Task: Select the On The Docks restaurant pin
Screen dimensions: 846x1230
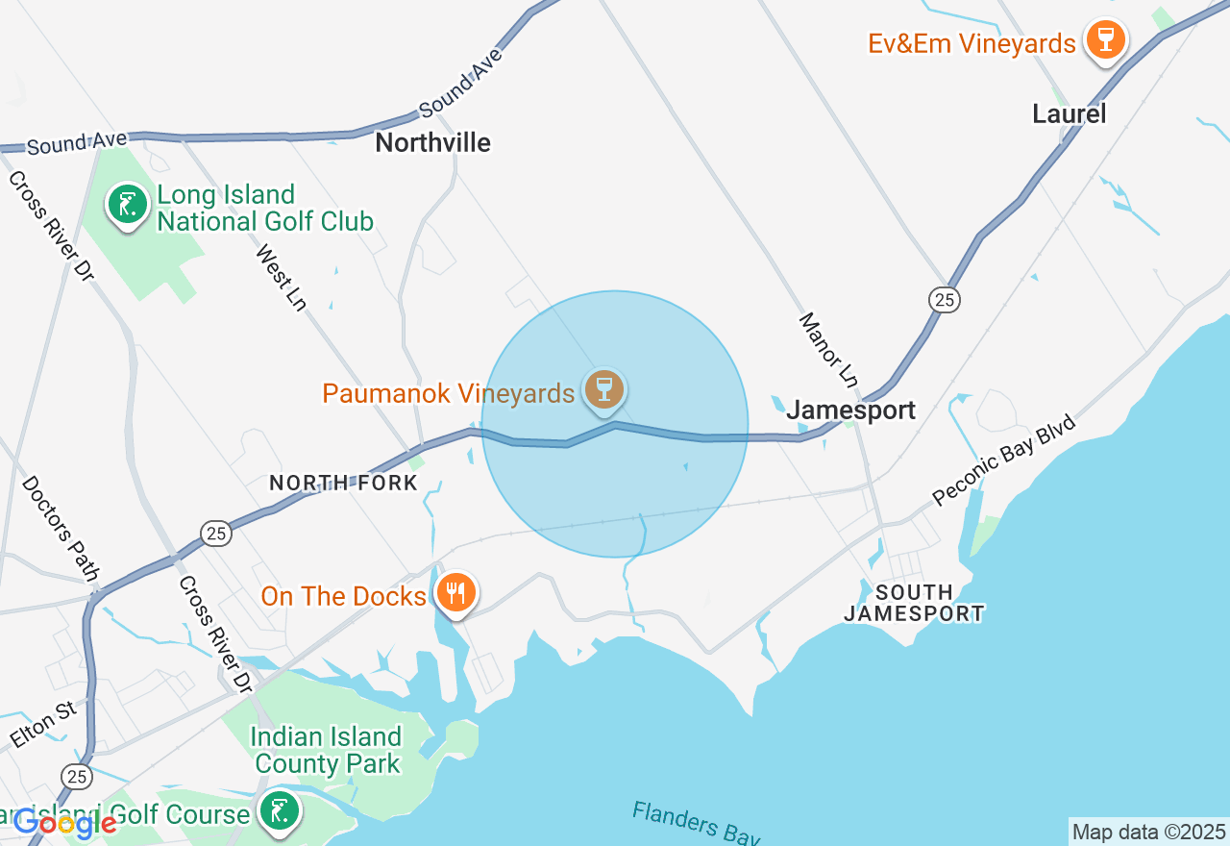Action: tap(456, 592)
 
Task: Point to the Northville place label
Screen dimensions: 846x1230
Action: tap(432, 143)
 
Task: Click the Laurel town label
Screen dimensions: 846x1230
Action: tap(1069, 114)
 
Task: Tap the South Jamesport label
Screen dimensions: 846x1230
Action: tap(914, 603)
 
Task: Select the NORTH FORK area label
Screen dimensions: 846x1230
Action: tap(343, 483)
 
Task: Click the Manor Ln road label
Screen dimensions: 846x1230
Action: tap(828, 347)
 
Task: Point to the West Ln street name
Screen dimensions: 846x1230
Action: tap(282, 277)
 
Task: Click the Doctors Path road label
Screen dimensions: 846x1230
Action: tap(61, 528)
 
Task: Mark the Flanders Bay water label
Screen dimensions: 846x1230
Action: tap(696, 825)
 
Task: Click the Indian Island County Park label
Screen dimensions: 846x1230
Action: tap(326, 751)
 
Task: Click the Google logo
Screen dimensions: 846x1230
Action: tap(63, 823)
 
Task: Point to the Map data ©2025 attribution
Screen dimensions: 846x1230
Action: tap(1148, 832)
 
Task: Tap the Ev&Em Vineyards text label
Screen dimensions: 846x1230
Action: tap(972, 43)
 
